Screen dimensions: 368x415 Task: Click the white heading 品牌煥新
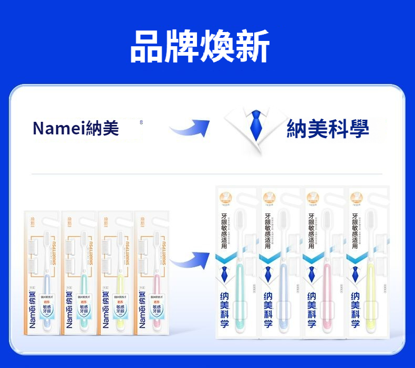click(x=200, y=47)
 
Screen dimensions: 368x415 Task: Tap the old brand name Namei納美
click(x=76, y=128)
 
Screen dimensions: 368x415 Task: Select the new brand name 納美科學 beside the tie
click(x=327, y=129)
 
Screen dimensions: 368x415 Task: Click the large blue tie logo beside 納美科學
click(x=256, y=126)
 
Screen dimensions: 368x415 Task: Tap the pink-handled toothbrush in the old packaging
click(x=157, y=283)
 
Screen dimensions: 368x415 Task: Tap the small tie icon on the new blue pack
click(x=268, y=273)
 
